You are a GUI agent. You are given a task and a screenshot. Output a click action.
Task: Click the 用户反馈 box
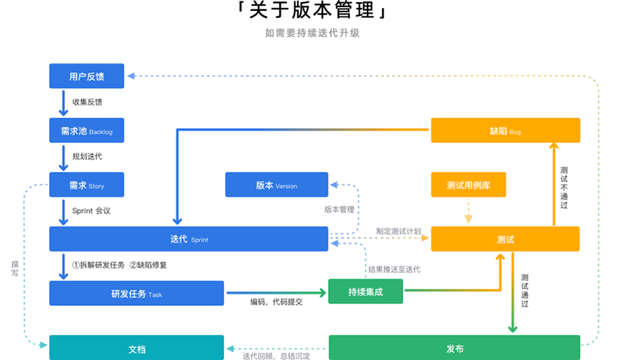(x=86, y=76)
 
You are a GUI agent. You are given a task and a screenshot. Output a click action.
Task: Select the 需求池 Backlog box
(x=86, y=131)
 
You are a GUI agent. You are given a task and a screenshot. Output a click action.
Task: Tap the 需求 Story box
(x=86, y=185)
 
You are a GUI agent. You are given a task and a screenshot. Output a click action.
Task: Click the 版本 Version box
(x=276, y=185)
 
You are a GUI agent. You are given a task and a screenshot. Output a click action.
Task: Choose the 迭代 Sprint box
(x=189, y=239)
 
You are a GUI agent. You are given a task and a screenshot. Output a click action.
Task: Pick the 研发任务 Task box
(x=136, y=294)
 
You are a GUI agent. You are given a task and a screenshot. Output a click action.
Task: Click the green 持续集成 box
(x=366, y=291)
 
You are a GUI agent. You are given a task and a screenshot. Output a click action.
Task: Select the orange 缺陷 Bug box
(x=505, y=131)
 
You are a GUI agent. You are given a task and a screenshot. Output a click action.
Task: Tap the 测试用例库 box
(x=468, y=185)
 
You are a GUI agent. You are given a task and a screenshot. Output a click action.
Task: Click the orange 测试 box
(x=505, y=239)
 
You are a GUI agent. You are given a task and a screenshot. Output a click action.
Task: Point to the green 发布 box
(x=455, y=348)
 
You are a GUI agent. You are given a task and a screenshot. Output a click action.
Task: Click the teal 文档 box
(x=136, y=348)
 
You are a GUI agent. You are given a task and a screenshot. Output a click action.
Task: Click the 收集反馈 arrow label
(x=87, y=102)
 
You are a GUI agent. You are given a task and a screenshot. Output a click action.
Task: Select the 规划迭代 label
(x=87, y=156)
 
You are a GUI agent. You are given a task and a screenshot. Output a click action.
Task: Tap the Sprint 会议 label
(x=91, y=211)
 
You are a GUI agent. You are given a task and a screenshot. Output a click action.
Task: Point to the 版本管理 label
(x=339, y=210)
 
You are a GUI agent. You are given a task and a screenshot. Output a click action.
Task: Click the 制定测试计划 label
(x=398, y=231)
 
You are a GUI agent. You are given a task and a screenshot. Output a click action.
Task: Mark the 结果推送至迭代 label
(x=394, y=269)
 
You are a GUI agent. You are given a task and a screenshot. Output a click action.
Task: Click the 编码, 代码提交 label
(x=276, y=302)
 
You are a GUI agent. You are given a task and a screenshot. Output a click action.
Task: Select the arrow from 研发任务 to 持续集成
(x=276, y=292)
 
